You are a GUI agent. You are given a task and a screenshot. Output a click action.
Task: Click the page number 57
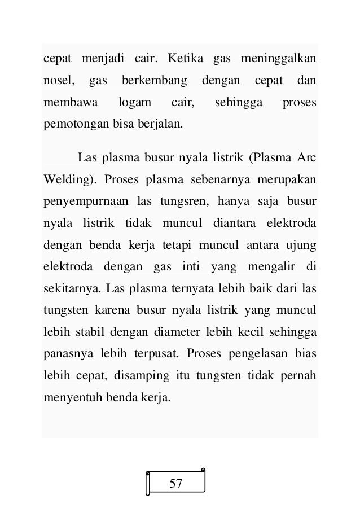[176, 484]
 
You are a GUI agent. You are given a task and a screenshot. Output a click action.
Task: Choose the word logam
[136, 103]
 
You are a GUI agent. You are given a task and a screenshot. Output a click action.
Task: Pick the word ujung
[302, 246]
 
